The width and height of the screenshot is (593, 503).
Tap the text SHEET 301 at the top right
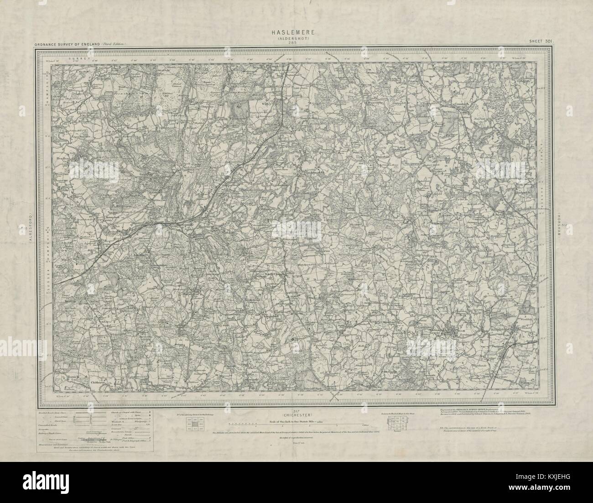point(541,42)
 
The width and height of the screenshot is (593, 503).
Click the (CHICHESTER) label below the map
point(297,402)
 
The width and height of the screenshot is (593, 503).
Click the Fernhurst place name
point(197,289)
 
